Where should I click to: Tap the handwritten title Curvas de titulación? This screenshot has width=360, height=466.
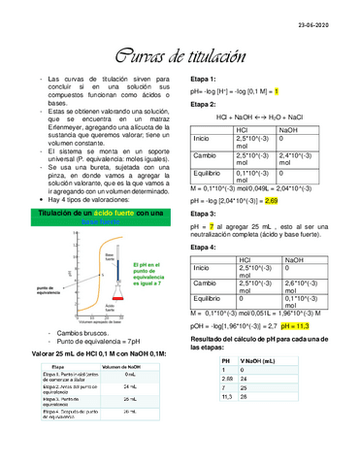tap(180, 57)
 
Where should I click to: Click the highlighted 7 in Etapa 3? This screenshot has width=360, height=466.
tap(211, 226)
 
